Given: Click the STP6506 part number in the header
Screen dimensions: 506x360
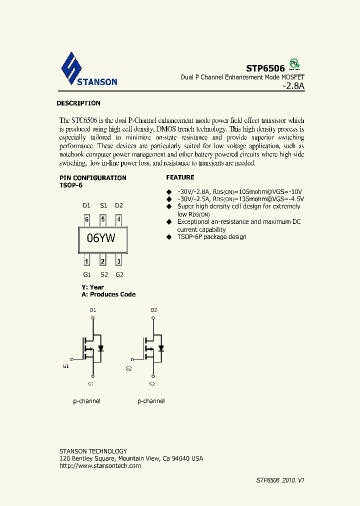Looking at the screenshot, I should tap(265, 68).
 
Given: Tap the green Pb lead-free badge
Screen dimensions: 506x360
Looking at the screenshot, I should tap(295, 64).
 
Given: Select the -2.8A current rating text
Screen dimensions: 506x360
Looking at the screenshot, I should tap(293, 86).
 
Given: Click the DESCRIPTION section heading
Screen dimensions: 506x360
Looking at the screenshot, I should tap(78, 103).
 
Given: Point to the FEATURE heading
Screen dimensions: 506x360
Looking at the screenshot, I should tap(180, 177).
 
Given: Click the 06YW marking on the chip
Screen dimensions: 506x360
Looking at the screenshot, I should tap(101, 238).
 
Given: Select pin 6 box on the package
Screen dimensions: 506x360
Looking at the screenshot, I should tap(87, 219).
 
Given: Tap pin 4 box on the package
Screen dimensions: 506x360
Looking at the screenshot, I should tap(118, 219).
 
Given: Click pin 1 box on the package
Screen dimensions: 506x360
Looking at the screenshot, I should tap(87, 260).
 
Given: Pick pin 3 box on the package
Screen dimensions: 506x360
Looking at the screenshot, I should tap(118, 260).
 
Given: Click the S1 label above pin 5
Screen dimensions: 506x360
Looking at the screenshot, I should tap(103, 205).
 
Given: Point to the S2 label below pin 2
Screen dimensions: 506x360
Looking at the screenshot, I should tap(103, 274).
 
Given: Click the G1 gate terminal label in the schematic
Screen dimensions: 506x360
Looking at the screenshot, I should tap(65, 366).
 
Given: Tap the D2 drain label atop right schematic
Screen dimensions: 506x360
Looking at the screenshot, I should tap(153, 310).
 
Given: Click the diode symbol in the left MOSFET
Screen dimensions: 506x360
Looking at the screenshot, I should tap(100, 348).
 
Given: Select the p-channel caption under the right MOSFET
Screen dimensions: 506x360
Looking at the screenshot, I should tap(151, 401).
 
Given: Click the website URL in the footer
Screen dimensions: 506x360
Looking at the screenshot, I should tap(100, 466).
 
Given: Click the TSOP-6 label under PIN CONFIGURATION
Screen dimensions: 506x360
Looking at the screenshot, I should tap(70, 185).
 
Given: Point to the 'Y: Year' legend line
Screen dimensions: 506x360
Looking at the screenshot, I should tap(93, 287).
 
